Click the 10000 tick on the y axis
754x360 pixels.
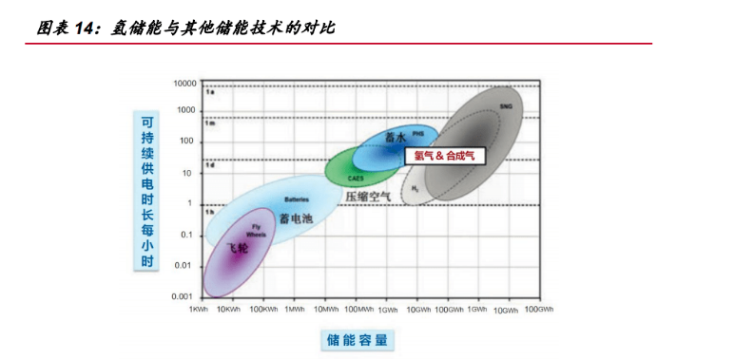click(x=184, y=84)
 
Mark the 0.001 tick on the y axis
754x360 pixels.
click(x=184, y=296)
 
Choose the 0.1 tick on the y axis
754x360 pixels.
click(x=187, y=235)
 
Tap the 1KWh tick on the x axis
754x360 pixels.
click(x=198, y=310)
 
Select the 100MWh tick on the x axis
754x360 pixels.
click(x=358, y=310)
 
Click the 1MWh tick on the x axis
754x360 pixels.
click(x=295, y=310)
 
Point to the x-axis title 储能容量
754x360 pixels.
click(x=358, y=339)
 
